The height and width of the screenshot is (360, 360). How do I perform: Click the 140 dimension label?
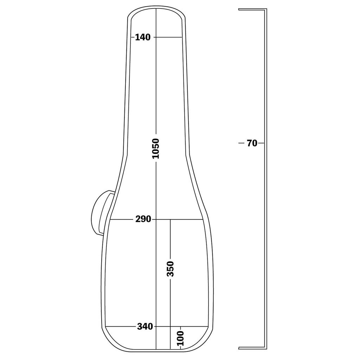pos(143,37)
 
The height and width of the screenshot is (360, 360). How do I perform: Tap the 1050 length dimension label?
pos(156,148)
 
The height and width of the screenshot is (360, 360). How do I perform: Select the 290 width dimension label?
pos(143,219)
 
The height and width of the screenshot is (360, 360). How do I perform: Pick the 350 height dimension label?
pos(170,269)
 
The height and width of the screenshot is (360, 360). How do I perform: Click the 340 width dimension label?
pos(145,327)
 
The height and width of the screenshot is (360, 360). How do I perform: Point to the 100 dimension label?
pos(180,338)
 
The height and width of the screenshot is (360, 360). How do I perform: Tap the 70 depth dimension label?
pos(252,143)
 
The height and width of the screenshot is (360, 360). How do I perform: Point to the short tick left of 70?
pos(241,143)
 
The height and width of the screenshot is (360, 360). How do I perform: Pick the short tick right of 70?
pos(261,143)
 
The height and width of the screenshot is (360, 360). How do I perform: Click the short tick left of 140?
pos(133,37)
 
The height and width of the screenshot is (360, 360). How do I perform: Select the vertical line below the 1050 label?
pos(156,246)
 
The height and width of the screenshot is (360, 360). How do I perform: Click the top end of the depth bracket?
pos(240,10)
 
